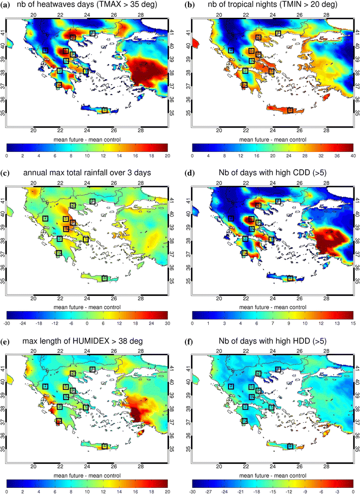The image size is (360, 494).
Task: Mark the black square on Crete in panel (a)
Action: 105,110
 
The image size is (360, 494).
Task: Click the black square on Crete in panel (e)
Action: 105,446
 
